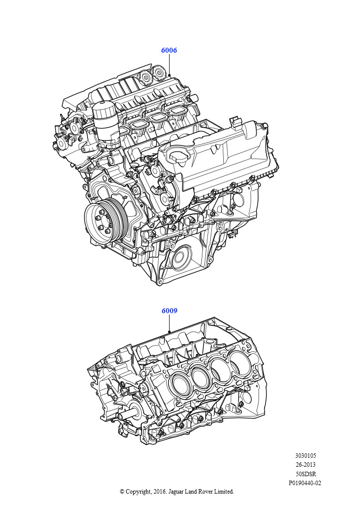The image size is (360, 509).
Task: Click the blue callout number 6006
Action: pyautogui.click(x=169, y=50)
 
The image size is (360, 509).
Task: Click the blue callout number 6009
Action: pyautogui.click(x=170, y=311)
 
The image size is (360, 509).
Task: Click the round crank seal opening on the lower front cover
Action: pyautogui.click(x=179, y=257)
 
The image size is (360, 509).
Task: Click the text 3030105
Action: pyautogui.click(x=305, y=456)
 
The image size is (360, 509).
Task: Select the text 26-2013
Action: pyautogui.click(x=305, y=465)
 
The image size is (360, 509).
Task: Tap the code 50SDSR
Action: pyautogui.click(x=305, y=474)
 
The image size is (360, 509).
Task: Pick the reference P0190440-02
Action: pyautogui.click(x=305, y=483)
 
